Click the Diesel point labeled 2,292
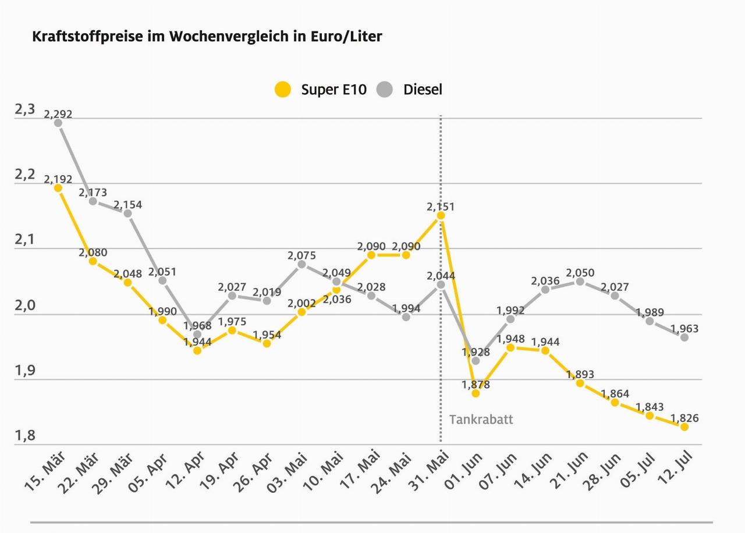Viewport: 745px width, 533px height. tap(58, 123)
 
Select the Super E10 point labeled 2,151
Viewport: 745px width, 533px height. tap(441, 215)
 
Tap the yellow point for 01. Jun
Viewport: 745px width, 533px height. tap(476, 393)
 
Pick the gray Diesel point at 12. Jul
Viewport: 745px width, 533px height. tap(684, 337)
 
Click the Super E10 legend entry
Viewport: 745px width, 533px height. tap(321, 90)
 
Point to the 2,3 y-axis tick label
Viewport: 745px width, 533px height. tap(24, 109)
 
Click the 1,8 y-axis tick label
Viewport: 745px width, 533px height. tap(24, 436)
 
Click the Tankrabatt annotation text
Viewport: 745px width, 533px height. tap(481, 420)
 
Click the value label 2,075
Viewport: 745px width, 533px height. tap(301, 255)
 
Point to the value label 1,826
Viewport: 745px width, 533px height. tap(684, 418)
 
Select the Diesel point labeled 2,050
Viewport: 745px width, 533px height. tap(580, 282)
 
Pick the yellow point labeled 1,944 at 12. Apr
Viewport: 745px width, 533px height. tap(197, 350)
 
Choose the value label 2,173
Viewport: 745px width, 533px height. tap(93, 192)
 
